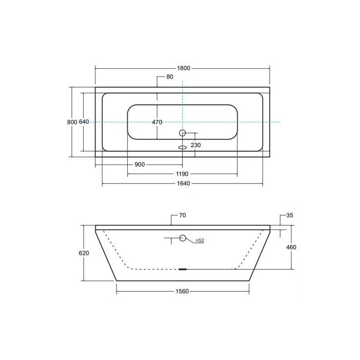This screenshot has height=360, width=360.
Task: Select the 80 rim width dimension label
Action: coord(170,77)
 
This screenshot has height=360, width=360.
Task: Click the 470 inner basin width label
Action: coord(157,122)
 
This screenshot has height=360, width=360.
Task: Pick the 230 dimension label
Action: coord(195,145)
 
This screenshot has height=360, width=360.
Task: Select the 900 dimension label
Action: coord(139,164)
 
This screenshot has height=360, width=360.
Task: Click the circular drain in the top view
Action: coord(182,133)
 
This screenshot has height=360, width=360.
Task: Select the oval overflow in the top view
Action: coord(182,147)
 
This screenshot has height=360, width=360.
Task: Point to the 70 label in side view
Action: coord(182,216)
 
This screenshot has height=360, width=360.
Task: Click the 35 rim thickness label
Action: coord(289,216)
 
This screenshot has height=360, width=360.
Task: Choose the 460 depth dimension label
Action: coord(291,247)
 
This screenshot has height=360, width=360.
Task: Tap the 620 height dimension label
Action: coord(84,253)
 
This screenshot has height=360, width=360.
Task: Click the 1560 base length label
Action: coord(182,292)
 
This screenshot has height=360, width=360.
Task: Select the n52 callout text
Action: coord(200,241)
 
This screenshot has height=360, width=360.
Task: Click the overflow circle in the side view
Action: coord(183,238)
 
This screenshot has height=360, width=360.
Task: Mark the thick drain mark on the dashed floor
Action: coord(182,269)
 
